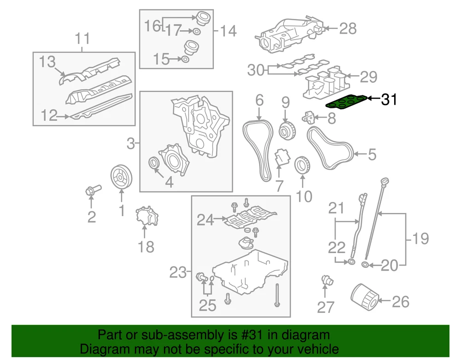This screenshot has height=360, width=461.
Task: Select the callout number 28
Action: click(348, 29)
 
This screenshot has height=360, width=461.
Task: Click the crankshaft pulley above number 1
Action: click(121, 177)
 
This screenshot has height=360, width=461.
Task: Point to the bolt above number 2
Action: click(93, 190)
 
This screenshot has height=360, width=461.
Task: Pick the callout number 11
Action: click(83, 39)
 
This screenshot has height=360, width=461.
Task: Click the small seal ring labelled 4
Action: click(154, 163)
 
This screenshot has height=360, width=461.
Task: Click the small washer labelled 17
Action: click(196, 31)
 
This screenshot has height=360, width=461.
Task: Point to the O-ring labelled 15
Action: click(185, 59)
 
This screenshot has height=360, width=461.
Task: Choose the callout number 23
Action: click(178, 272)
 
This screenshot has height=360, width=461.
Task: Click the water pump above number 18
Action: click(147, 216)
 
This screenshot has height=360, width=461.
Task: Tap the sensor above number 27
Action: click(327, 280)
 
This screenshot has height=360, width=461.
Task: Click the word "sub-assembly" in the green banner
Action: click(186, 335)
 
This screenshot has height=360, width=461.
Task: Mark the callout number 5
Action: click(372, 154)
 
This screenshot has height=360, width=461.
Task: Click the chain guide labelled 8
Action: click(308, 118)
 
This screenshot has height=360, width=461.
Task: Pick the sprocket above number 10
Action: click(302, 165)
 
